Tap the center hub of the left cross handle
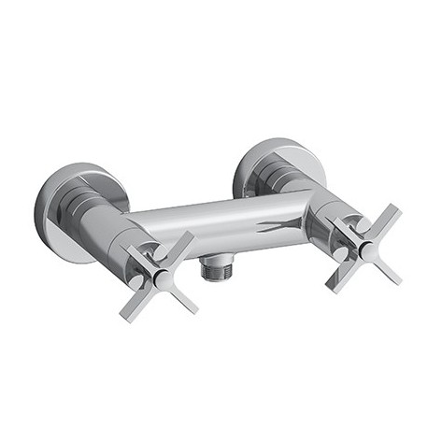[160, 273]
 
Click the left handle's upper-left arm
[136, 252]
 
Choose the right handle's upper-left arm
[342, 224]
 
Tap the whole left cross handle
[160, 273]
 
